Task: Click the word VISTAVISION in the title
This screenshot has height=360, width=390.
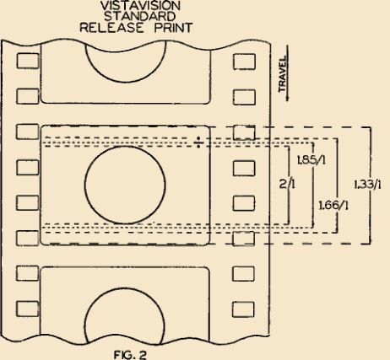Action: [140, 6]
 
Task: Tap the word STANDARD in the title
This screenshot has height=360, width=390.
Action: [139, 17]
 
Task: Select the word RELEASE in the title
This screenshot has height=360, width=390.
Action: [111, 28]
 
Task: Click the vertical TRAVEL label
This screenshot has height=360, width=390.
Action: [283, 74]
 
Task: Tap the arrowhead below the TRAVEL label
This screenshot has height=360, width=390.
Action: [287, 99]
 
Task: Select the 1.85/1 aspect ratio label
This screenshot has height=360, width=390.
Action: [311, 160]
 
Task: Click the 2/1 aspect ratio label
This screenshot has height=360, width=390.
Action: [287, 184]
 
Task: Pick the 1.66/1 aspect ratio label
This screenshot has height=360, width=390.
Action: [333, 206]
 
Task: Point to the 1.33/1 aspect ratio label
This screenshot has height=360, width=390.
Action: [367, 185]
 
